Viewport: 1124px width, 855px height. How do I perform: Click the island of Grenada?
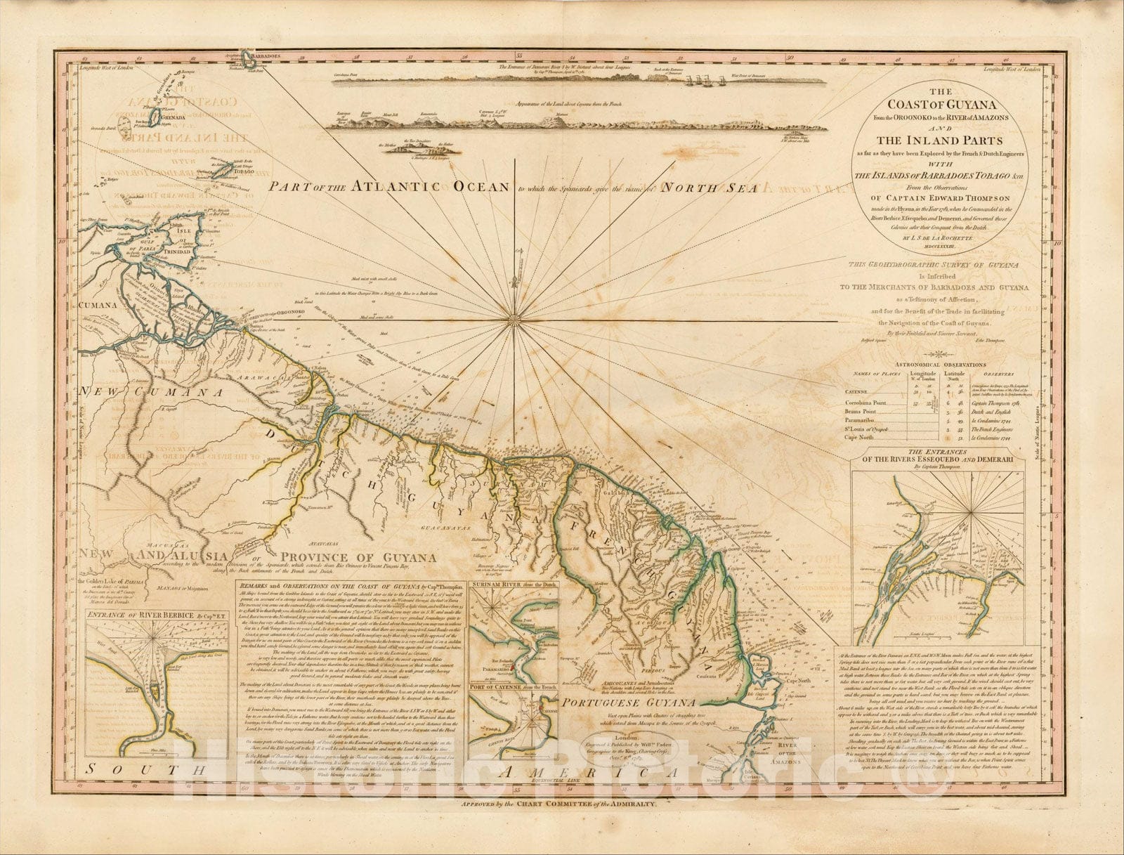coord(155,113)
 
